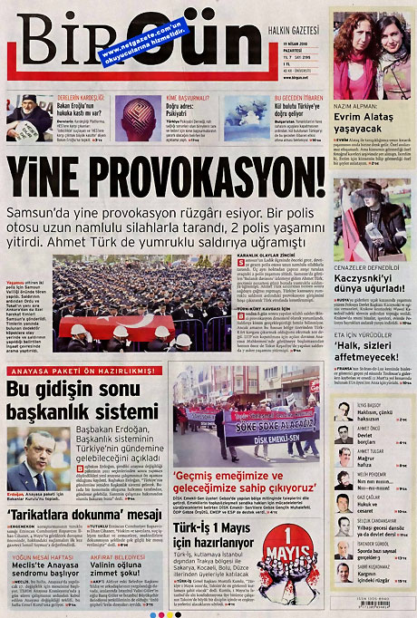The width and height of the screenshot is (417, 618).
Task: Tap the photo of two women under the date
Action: click(x=369, y=55)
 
